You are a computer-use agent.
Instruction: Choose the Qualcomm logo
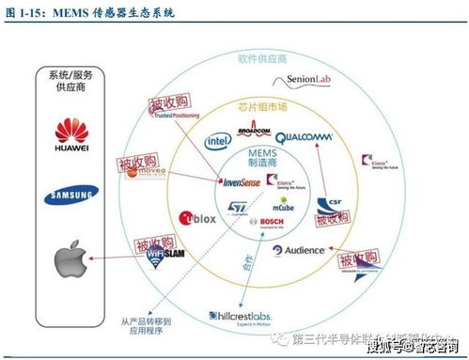(304, 137)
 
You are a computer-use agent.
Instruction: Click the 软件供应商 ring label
(261, 59)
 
